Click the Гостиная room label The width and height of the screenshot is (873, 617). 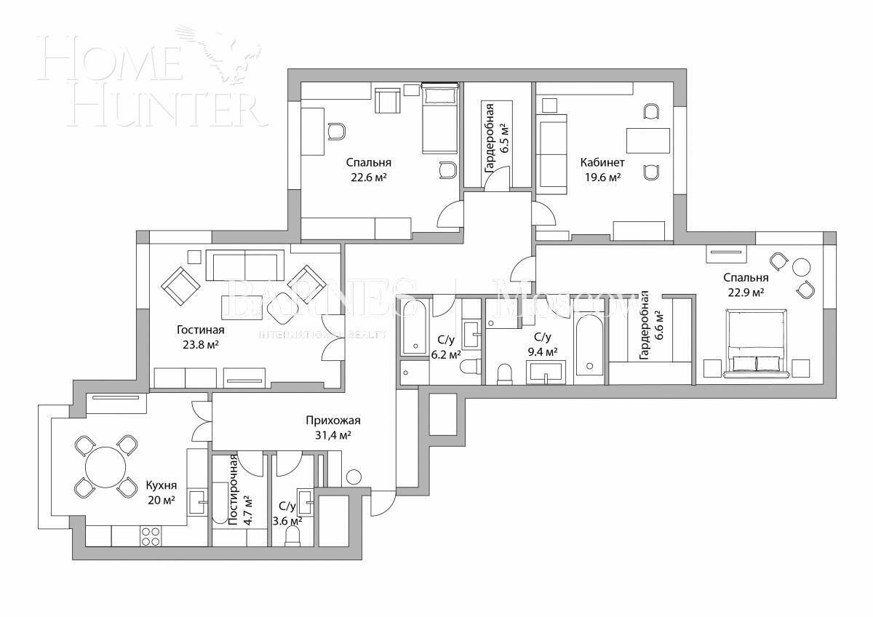(199, 330)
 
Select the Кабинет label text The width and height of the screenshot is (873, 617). (602, 162)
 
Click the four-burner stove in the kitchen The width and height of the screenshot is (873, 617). (151, 536)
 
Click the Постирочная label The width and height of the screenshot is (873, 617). (233, 490)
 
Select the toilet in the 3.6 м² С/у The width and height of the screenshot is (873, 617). (293, 536)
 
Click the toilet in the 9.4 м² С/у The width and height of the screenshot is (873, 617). (505, 374)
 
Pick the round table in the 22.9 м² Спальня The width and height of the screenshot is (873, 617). (802, 267)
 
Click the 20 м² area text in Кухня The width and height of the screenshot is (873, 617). (161, 500)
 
